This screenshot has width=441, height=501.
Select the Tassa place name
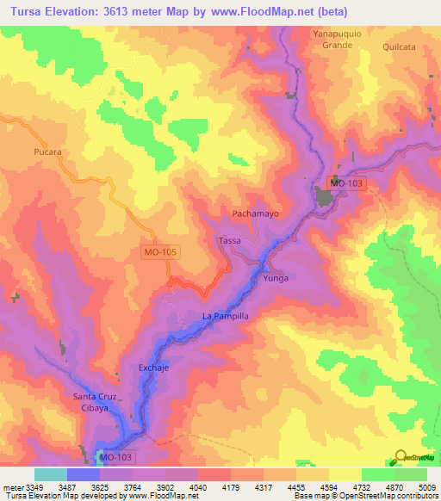coord(230,240)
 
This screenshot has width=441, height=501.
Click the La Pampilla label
coord(226,317)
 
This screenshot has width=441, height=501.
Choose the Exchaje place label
coord(157,368)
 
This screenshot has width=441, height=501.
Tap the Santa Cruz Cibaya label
coord(94,402)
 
